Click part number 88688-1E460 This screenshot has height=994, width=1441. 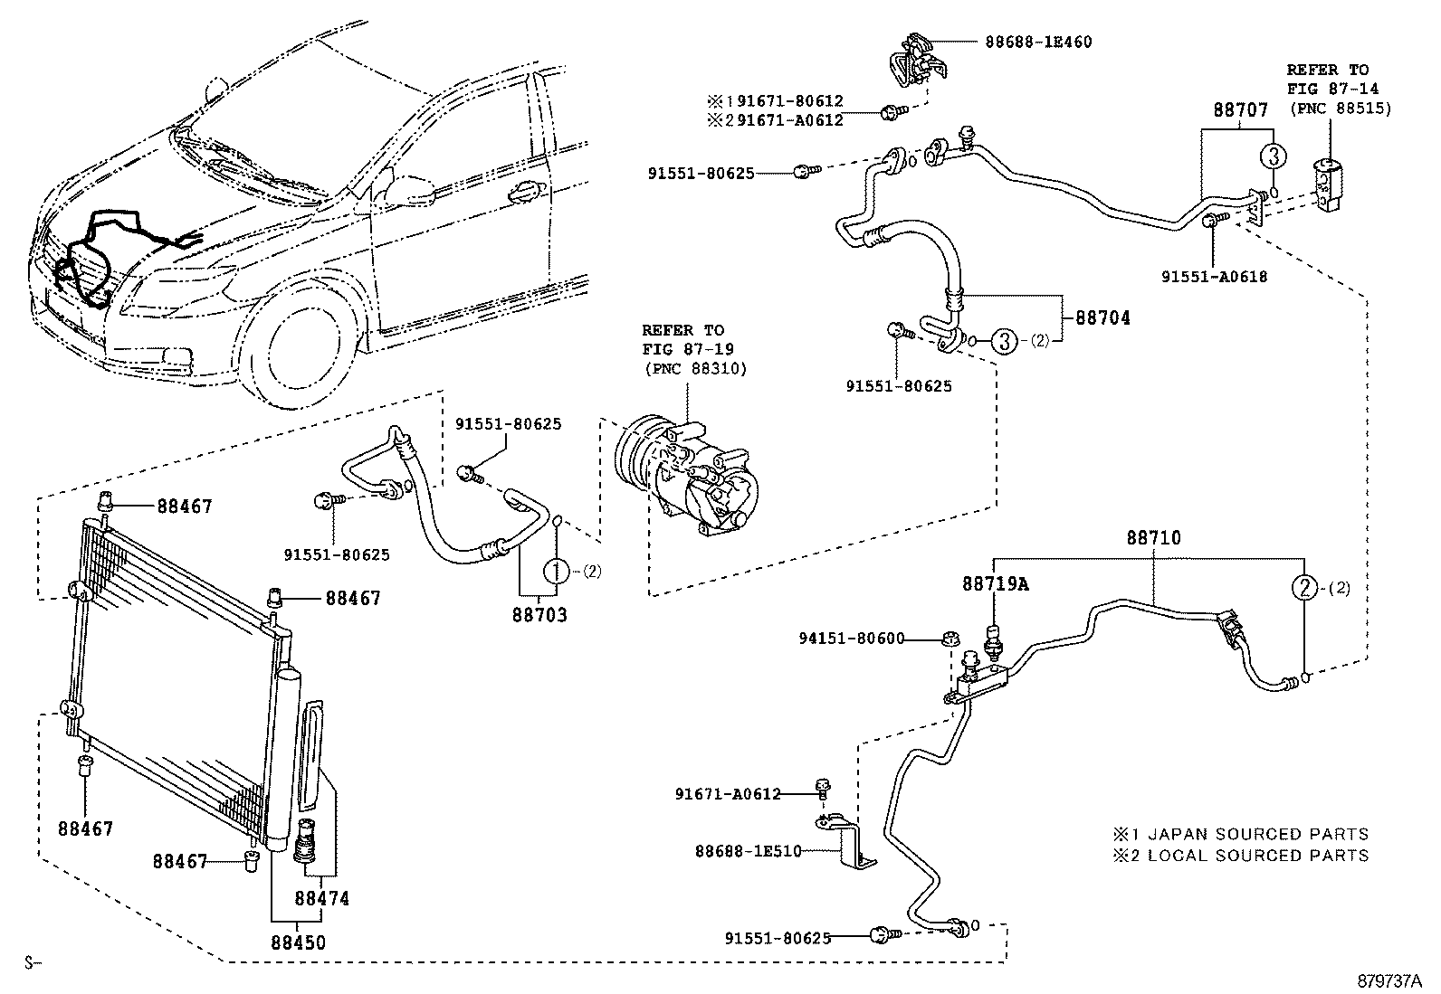[x=1038, y=43]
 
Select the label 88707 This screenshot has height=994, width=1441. [x=1240, y=110]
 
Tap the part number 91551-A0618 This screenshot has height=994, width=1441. [x=1214, y=277]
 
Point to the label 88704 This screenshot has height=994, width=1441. [x=1102, y=318]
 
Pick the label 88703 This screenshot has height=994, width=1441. [x=539, y=616]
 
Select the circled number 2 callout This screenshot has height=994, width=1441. [x=1303, y=588]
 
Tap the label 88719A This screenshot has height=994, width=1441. [x=995, y=584]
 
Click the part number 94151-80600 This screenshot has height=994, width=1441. [x=851, y=639]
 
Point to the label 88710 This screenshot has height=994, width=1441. [x=1153, y=538]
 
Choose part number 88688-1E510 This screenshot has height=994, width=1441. [x=748, y=851]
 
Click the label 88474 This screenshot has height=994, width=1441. [x=321, y=898]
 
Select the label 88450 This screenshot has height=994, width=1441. [x=298, y=942]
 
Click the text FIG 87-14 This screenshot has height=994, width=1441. [x=1327, y=90]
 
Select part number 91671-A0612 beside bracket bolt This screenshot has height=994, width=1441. [x=727, y=794]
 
